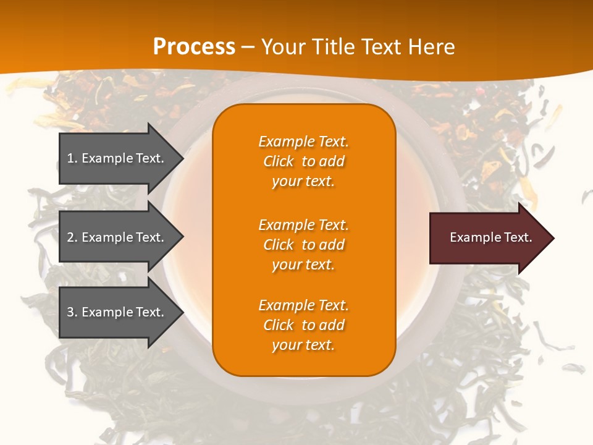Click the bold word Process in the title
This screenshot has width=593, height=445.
pos(194,47)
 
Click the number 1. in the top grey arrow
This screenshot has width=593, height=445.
pos(72,158)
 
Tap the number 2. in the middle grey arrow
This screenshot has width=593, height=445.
pos(72,237)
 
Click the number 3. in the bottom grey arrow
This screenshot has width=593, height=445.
pos(72,312)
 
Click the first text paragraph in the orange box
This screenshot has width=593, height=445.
pos(303,161)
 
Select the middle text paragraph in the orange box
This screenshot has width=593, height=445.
pos(303,245)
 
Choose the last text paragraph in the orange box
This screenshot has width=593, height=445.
pos(303,325)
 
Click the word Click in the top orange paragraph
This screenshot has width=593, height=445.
pos(279,161)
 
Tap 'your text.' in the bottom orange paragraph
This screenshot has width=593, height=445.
pos(303,345)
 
